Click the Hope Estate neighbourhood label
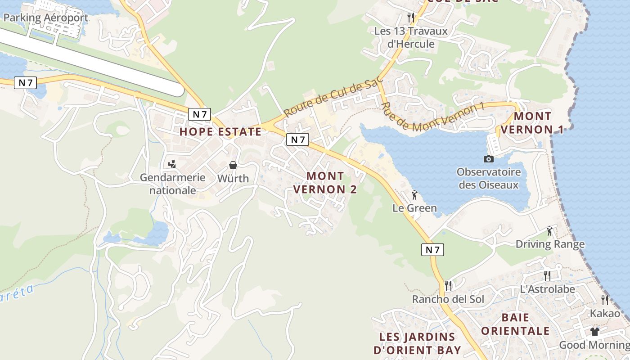(x=220, y=132)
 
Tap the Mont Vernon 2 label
(x=325, y=183)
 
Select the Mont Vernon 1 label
(x=532, y=123)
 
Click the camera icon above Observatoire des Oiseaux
(x=488, y=159)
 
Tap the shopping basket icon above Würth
(x=233, y=165)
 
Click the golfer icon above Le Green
(x=414, y=195)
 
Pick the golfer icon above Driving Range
(x=549, y=231)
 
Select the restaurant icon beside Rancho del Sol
(x=448, y=285)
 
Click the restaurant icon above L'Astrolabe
(x=547, y=275)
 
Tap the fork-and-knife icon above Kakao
(x=605, y=300)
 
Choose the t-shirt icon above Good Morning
(x=595, y=332)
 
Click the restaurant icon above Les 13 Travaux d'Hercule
(x=410, y=18)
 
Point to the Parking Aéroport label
(x=45, y=18)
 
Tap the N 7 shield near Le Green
(x=432, y=250)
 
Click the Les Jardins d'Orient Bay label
(x=417, y=343)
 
